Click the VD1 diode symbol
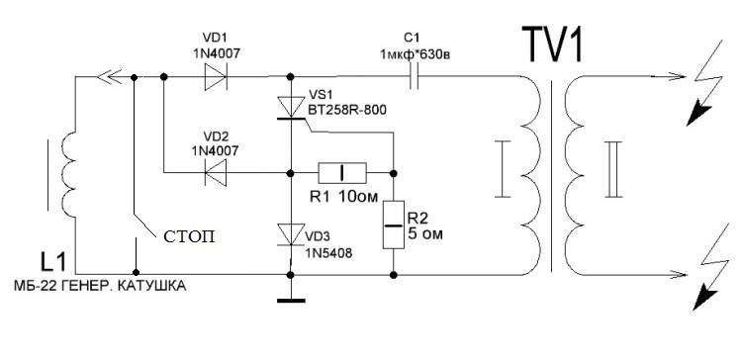[x=216, y=76]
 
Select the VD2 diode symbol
[x=216, y=173]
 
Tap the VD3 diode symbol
[x=291, y=234]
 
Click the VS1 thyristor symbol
[x=291, y=108]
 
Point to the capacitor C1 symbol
[x=415, y=76]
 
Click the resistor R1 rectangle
[x=342, y=173]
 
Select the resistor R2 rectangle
[x=393, y=225]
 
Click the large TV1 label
[x=552, y=45]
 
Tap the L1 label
[x=54, y=264]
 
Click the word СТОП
[x=189, y=236]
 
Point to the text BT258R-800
[x=347, y=111]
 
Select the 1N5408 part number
[x=328, y=254]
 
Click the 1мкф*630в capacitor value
[x=415, y=54]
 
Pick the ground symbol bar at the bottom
[x=291, y=300]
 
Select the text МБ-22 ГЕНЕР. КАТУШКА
[x=100, y=286]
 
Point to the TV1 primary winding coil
[x=531, y=175]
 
